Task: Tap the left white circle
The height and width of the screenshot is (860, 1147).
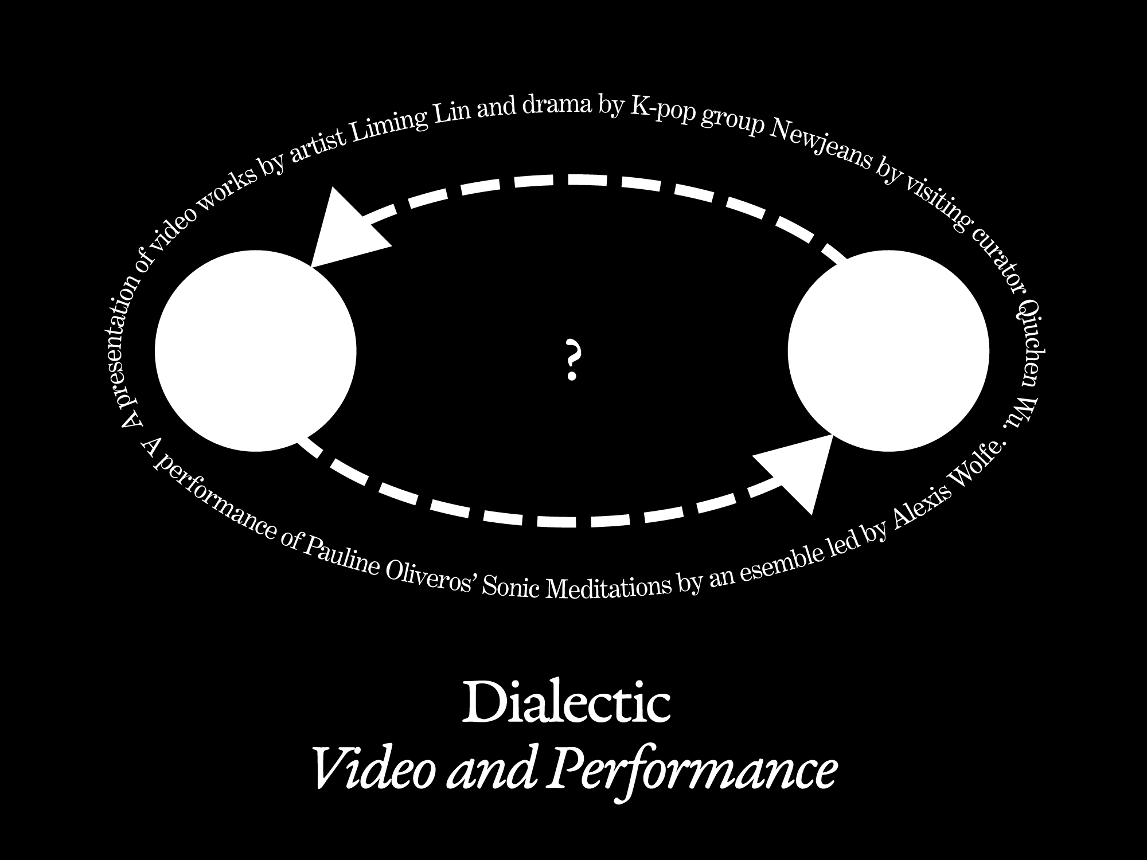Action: coord(256,351)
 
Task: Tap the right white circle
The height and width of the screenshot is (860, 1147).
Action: coord(888,351)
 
